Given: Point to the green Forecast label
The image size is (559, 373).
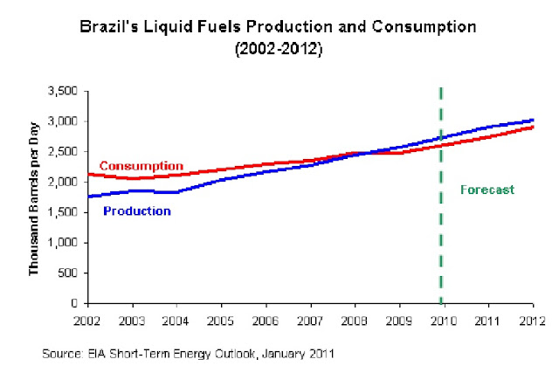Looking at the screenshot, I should pyautogui.click(x=487, y=188).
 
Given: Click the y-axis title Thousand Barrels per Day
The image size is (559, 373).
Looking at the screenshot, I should pyautogui.click(x=35, y=196).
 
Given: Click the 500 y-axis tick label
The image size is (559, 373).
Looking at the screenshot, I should pyautogui.click(x=69, y=273).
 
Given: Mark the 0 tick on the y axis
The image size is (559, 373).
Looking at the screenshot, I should pyautogui.click(x=76, y=303).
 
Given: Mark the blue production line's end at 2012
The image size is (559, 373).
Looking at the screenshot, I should pyautogui.click(x=533, y=121).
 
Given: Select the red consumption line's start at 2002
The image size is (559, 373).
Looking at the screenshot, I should pyautogui.click(x=88, y=175).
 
